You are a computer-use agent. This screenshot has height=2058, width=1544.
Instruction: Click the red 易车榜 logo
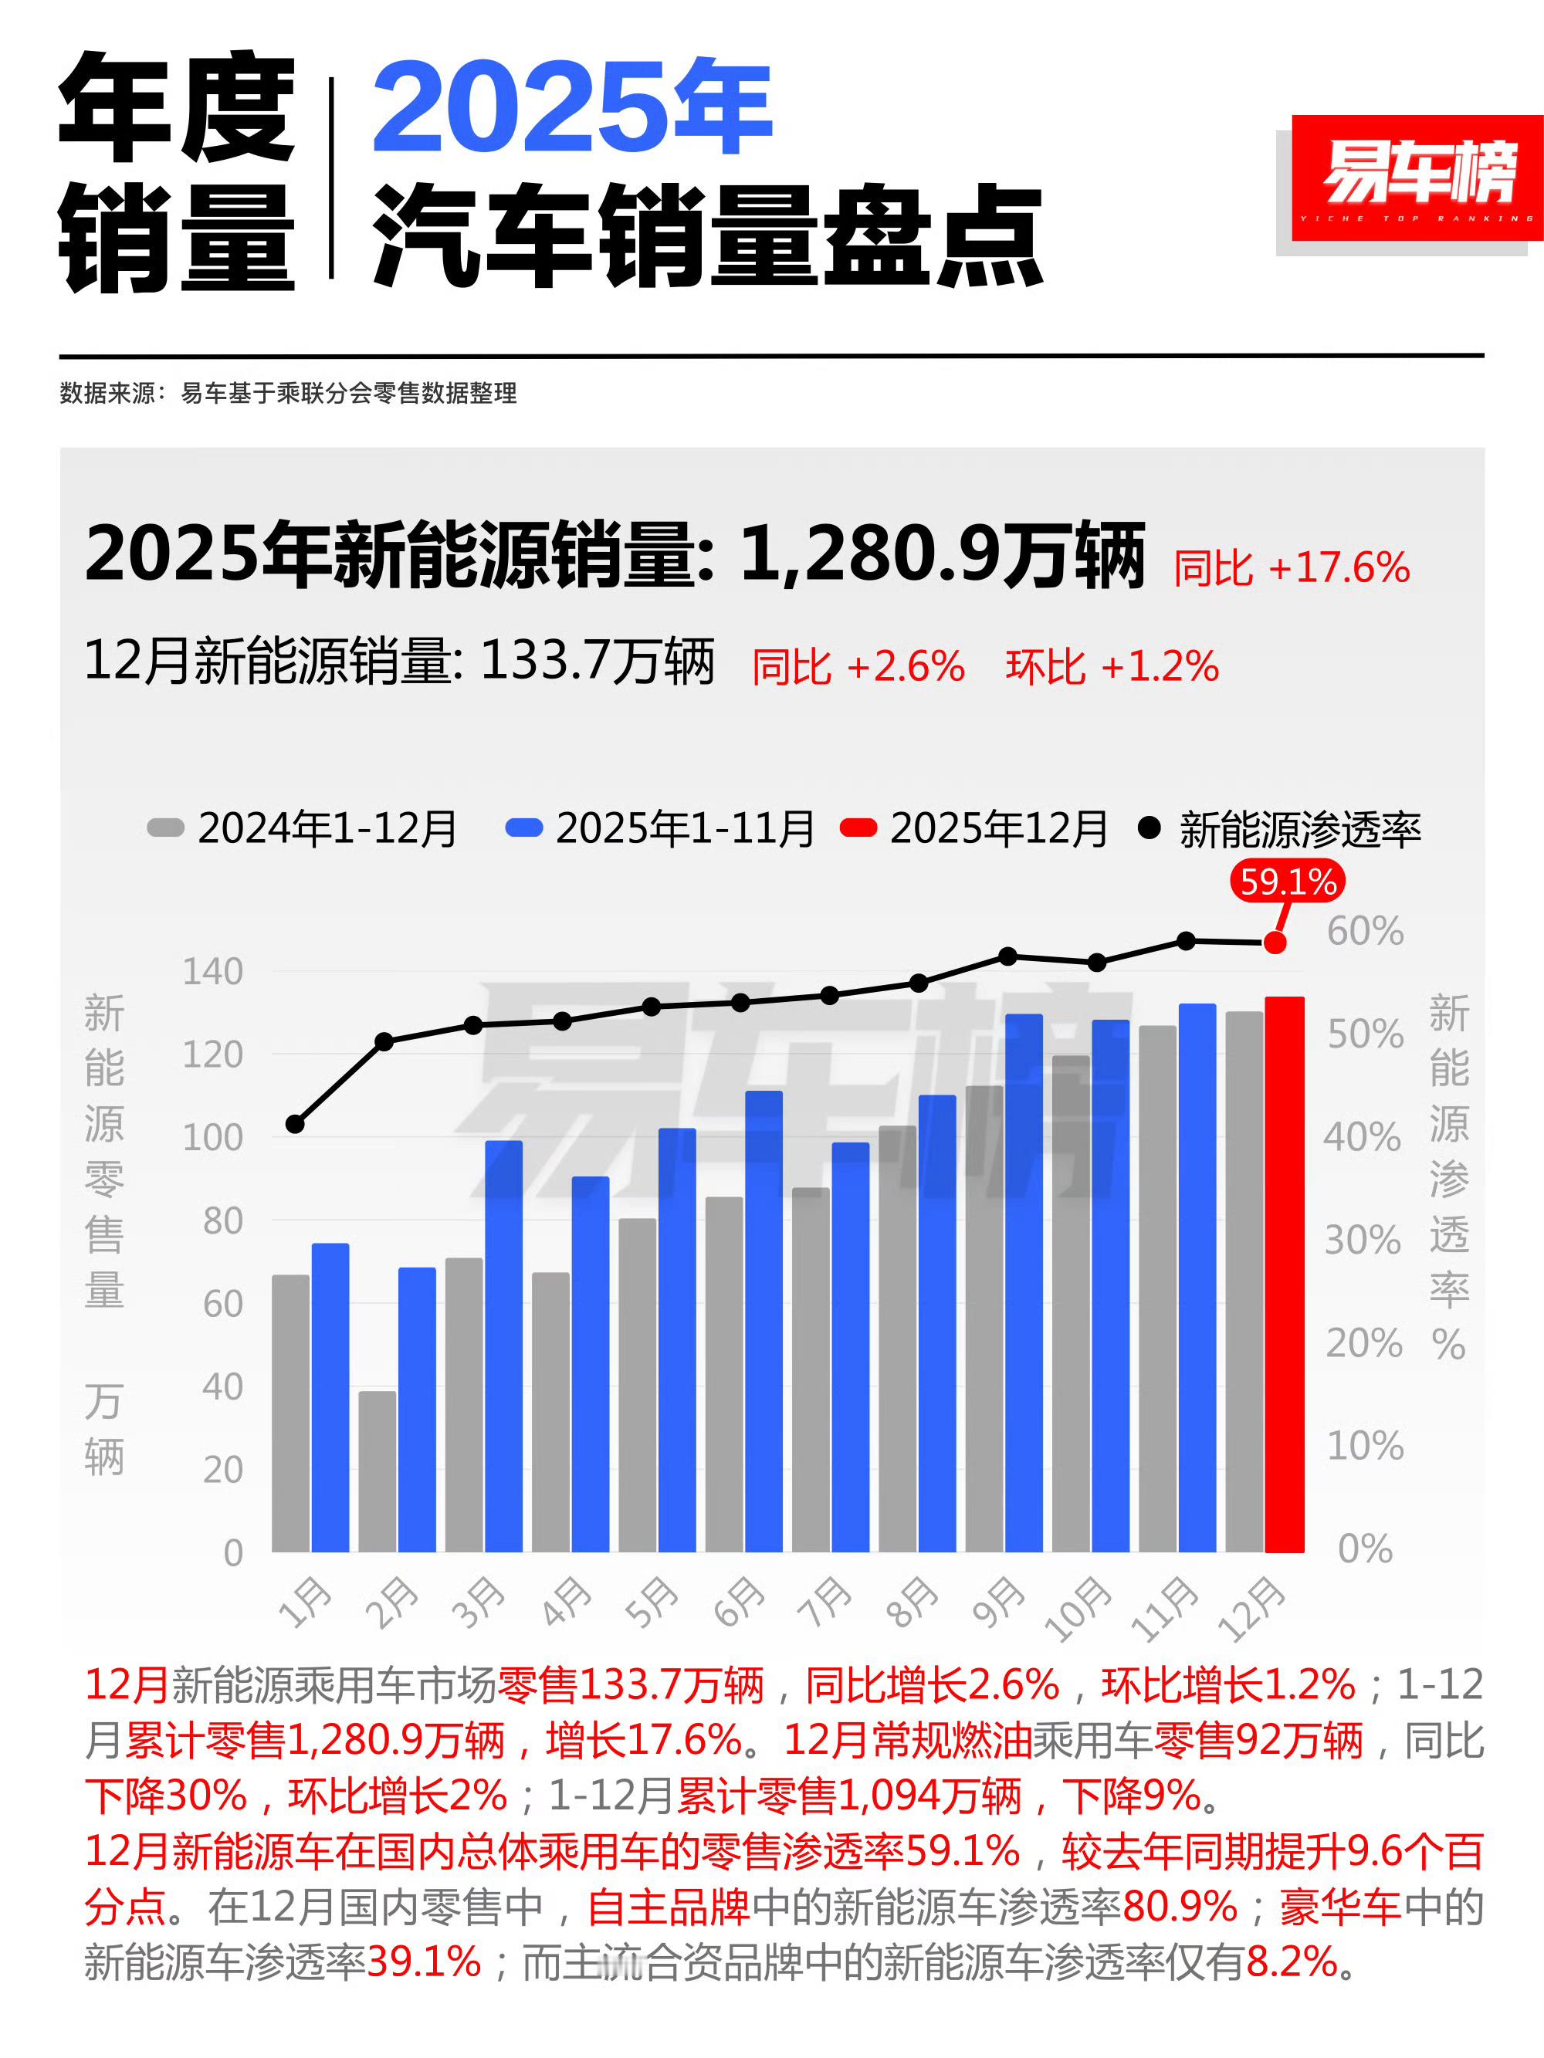tap(1416, 177)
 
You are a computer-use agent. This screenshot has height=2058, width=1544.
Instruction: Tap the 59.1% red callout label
tap(1287, 881)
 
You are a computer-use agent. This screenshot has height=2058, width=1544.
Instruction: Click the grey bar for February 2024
tap(377, 1471)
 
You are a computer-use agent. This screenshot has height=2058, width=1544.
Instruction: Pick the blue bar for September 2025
tap(1023, 1284)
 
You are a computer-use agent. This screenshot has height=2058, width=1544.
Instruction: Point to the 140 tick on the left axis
tap(212, 971)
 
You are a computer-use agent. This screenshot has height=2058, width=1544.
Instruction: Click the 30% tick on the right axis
tap(1363, 1241)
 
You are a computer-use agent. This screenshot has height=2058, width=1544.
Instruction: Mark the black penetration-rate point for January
tap(295, 1124)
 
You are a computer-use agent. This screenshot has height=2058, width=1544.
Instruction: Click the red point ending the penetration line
tap(1275, 943)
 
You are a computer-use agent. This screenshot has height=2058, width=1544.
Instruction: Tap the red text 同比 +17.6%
tap(1291, 567)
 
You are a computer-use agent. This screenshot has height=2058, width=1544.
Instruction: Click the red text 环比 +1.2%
tap(1112, 667)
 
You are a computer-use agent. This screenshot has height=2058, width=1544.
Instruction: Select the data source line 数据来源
tap(288, 393)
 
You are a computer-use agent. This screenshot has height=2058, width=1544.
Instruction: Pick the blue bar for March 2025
tap(503, 1346)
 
